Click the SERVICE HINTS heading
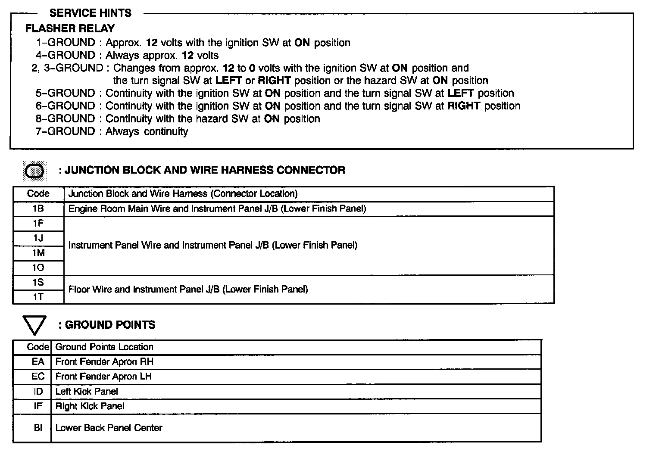point(91,13)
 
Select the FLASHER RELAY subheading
point(70,28)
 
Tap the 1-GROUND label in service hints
point(66,43)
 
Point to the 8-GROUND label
point(66,118)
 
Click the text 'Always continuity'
point(147,131)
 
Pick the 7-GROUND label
point(66,131)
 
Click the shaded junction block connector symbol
point(34,171)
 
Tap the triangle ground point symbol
point(34,325)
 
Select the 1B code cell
point(38,209)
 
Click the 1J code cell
point(38,238)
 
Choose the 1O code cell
point(38,268)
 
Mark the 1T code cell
point(38,297)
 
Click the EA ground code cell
point(38,362)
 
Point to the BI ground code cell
point(38,428)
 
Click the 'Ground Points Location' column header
point(104,347)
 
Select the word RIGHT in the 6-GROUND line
point(464,106)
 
